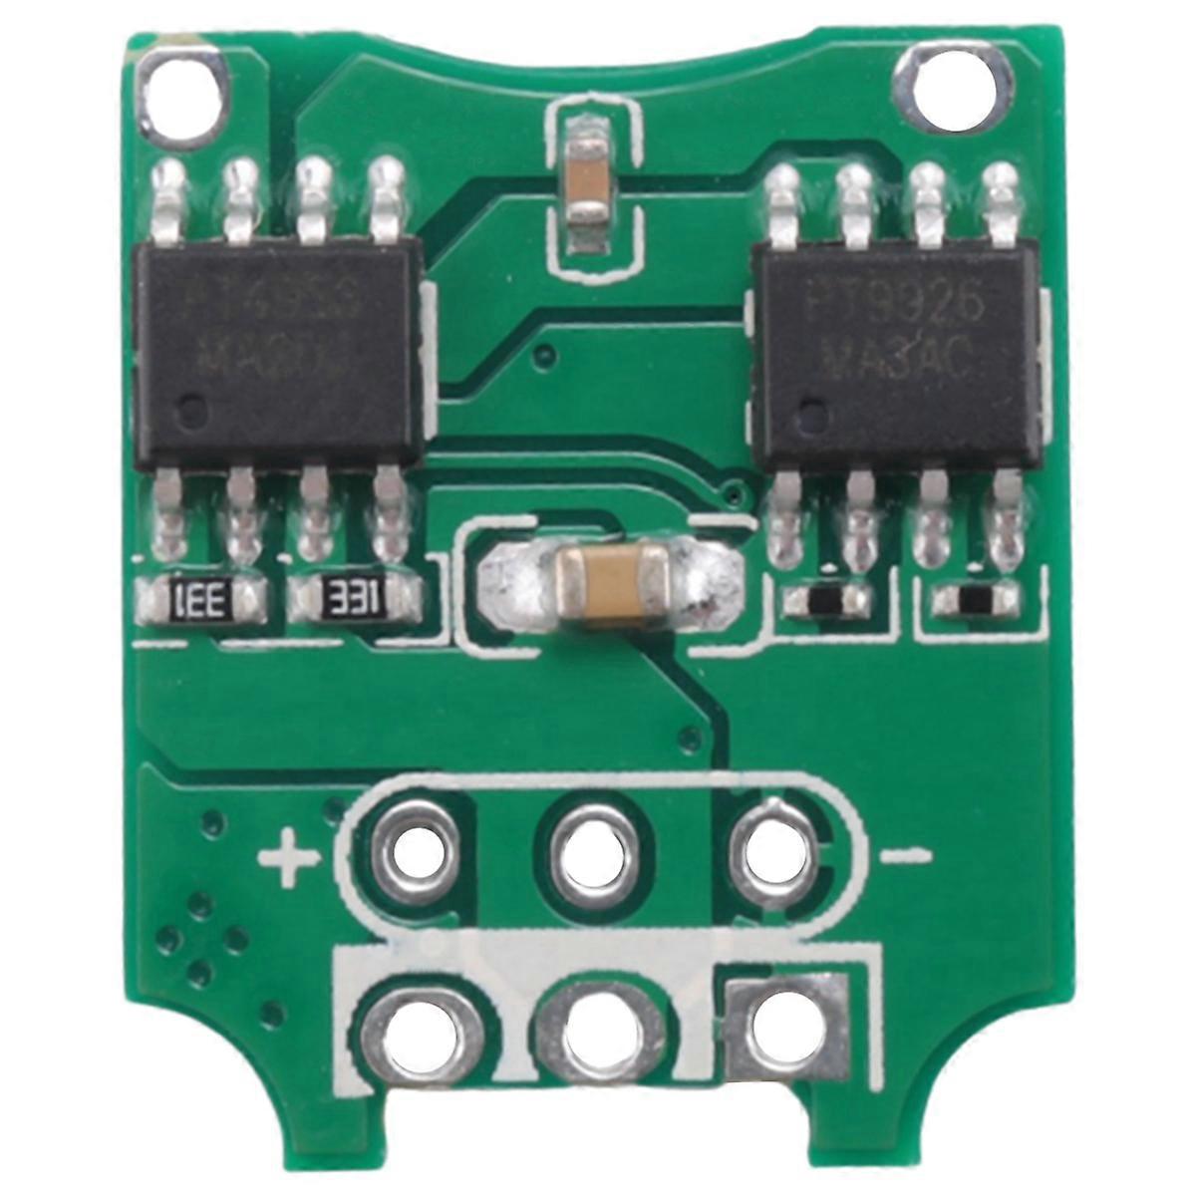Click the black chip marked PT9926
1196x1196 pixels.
coord(901,353)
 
